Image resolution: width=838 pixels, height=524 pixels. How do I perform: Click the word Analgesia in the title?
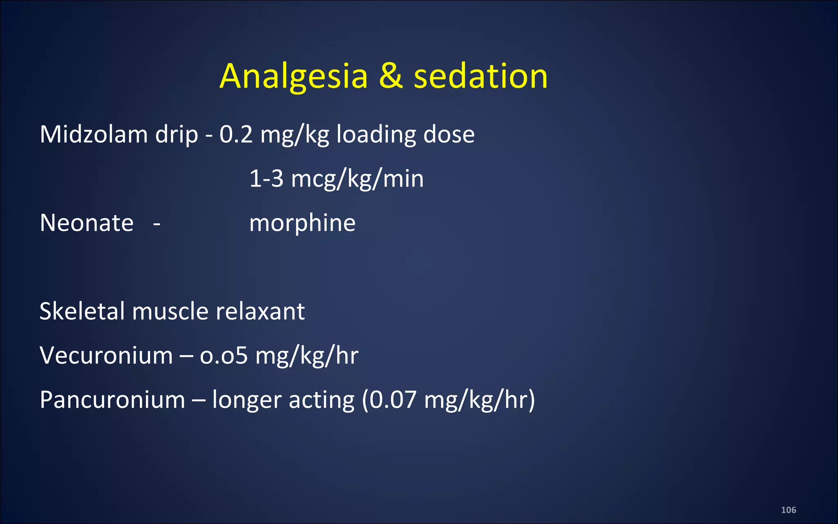[293, 77]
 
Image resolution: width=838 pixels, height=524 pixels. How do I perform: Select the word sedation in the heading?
[480, 77]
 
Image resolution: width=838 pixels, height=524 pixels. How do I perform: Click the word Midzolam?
[94, 134]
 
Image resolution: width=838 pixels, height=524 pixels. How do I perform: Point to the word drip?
[176, 135]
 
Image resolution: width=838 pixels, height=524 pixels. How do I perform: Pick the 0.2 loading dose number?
[236, 134]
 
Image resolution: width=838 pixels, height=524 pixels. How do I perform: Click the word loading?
[376, 135]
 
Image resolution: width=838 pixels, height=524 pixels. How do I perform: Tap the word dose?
[449, 134]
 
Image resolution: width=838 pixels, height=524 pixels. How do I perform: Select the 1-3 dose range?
[266, 179]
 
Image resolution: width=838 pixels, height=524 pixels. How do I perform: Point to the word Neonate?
[87, 223]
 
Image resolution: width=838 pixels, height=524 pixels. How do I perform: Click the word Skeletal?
[82, 311]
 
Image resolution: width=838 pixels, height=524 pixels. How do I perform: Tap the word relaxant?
[260, 311]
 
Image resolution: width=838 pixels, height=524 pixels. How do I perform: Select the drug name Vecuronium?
[106, 355]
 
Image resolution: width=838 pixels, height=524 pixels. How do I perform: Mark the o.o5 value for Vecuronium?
[223, 355]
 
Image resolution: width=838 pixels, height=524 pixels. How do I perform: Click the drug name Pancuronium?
[113, 400]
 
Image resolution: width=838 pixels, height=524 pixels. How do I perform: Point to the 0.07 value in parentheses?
[393, 400]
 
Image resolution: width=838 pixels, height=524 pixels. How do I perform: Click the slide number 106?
[788, 510]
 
